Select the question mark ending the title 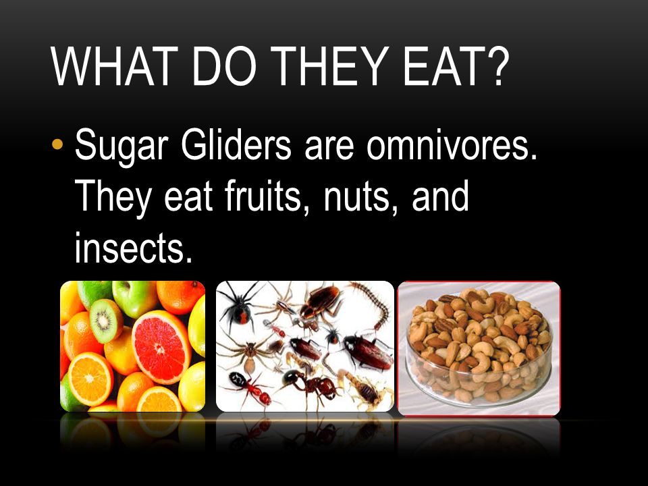(492, 65)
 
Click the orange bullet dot (58, 144)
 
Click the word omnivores (452, 146)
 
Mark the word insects (134, 247)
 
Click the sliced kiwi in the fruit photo (106, 320)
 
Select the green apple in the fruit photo (134, 298)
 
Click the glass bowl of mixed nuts (479, 348)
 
